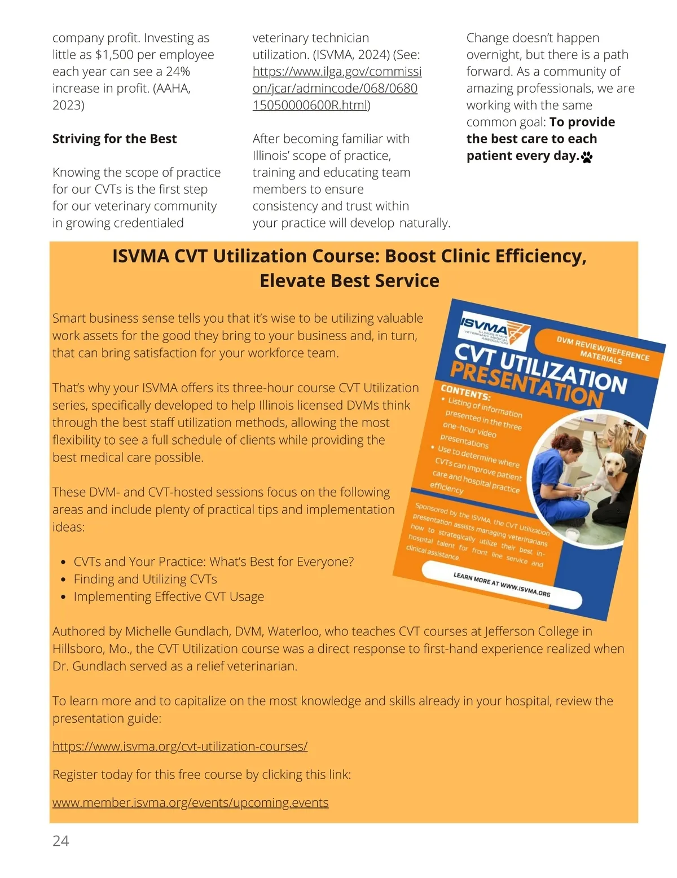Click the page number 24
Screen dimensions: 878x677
point(60,841)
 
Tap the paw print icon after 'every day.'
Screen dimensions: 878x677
point(587,157)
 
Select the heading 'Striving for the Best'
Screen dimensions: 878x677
point(115,139)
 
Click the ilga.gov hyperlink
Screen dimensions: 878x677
point(336,89)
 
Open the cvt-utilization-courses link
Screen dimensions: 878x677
point(180,746)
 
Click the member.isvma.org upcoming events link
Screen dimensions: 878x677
point(190,802)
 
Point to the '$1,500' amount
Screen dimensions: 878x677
point(114,55)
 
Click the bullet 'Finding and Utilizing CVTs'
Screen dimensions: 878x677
point(145,579)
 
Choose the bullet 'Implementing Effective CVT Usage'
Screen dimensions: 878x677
point(169,596)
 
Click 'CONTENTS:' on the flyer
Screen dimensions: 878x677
point(465,392)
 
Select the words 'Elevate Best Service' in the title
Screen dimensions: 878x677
point(349,280)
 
